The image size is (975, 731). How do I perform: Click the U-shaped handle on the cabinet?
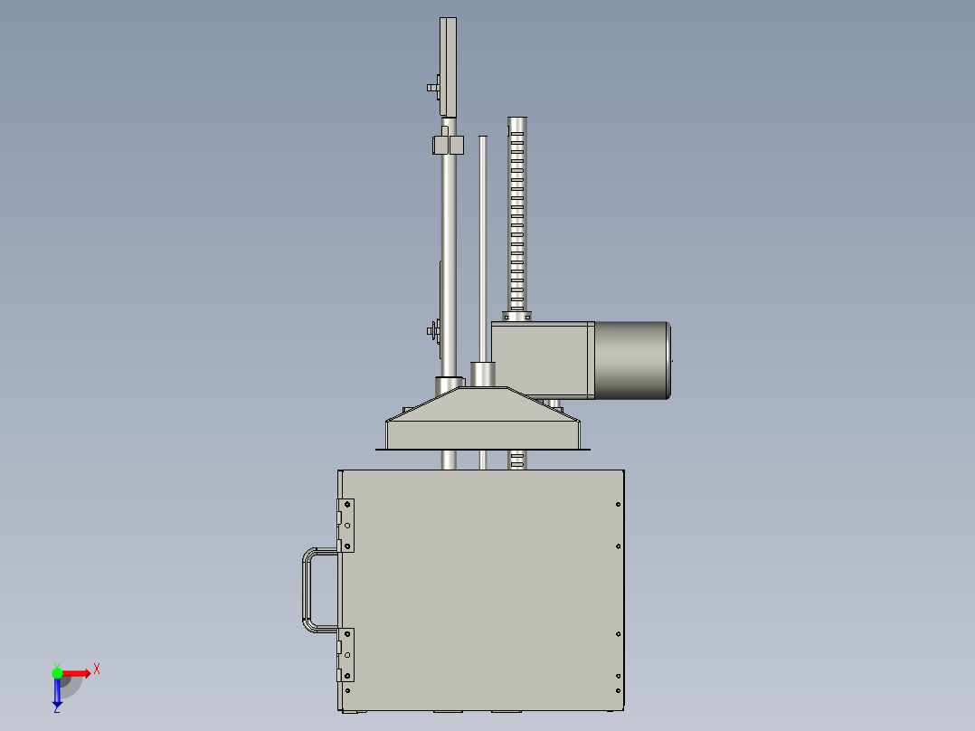[306, 590]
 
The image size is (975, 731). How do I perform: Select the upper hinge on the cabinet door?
[346, 525]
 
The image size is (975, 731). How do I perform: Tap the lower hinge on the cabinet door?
[346, 655]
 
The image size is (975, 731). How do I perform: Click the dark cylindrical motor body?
[631, 360]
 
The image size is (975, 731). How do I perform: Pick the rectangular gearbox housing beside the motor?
[541, 359]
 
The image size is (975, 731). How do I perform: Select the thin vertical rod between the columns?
[483, 244]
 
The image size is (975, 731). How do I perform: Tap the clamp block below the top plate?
[447, 144]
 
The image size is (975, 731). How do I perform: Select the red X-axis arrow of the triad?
[78, 672]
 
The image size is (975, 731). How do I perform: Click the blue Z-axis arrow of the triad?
[57, 693]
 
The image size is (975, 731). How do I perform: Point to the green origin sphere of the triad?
[57, 672]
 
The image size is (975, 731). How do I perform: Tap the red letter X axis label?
[97, 669]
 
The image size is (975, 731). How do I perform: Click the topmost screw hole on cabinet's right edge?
[618, 505]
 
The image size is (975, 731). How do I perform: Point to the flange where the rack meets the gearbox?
[517, 316]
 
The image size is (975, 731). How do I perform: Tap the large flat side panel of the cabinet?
[479, 588]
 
